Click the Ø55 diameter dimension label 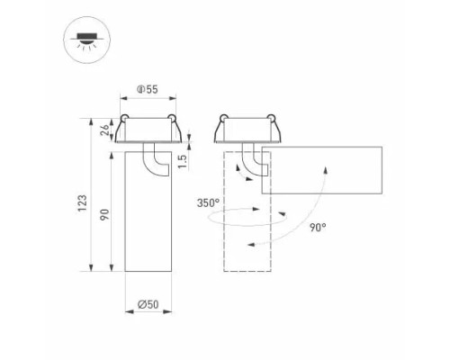147,89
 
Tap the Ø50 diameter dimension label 148,304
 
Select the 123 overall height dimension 82,203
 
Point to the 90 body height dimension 104,215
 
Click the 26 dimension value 105,130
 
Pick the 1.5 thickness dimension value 182,161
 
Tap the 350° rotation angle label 208,203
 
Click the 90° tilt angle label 318,228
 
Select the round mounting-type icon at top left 87,40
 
